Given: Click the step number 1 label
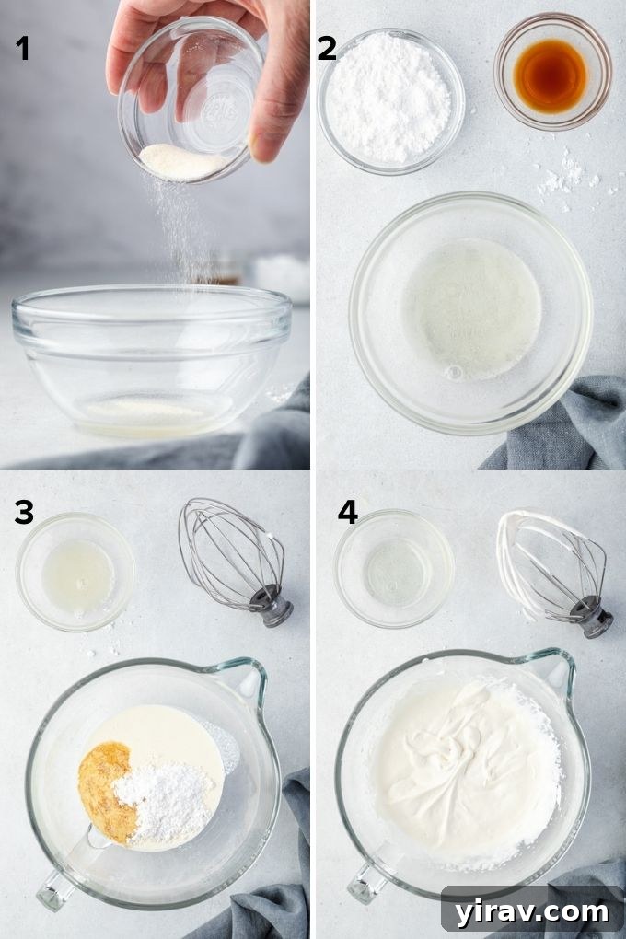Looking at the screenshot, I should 22,48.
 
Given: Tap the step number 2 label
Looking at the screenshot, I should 327,48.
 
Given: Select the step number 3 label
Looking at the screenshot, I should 23,514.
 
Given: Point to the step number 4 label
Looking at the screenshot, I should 347,512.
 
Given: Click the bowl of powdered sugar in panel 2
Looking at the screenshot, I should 390,100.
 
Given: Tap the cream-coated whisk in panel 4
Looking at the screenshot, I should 552,562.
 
